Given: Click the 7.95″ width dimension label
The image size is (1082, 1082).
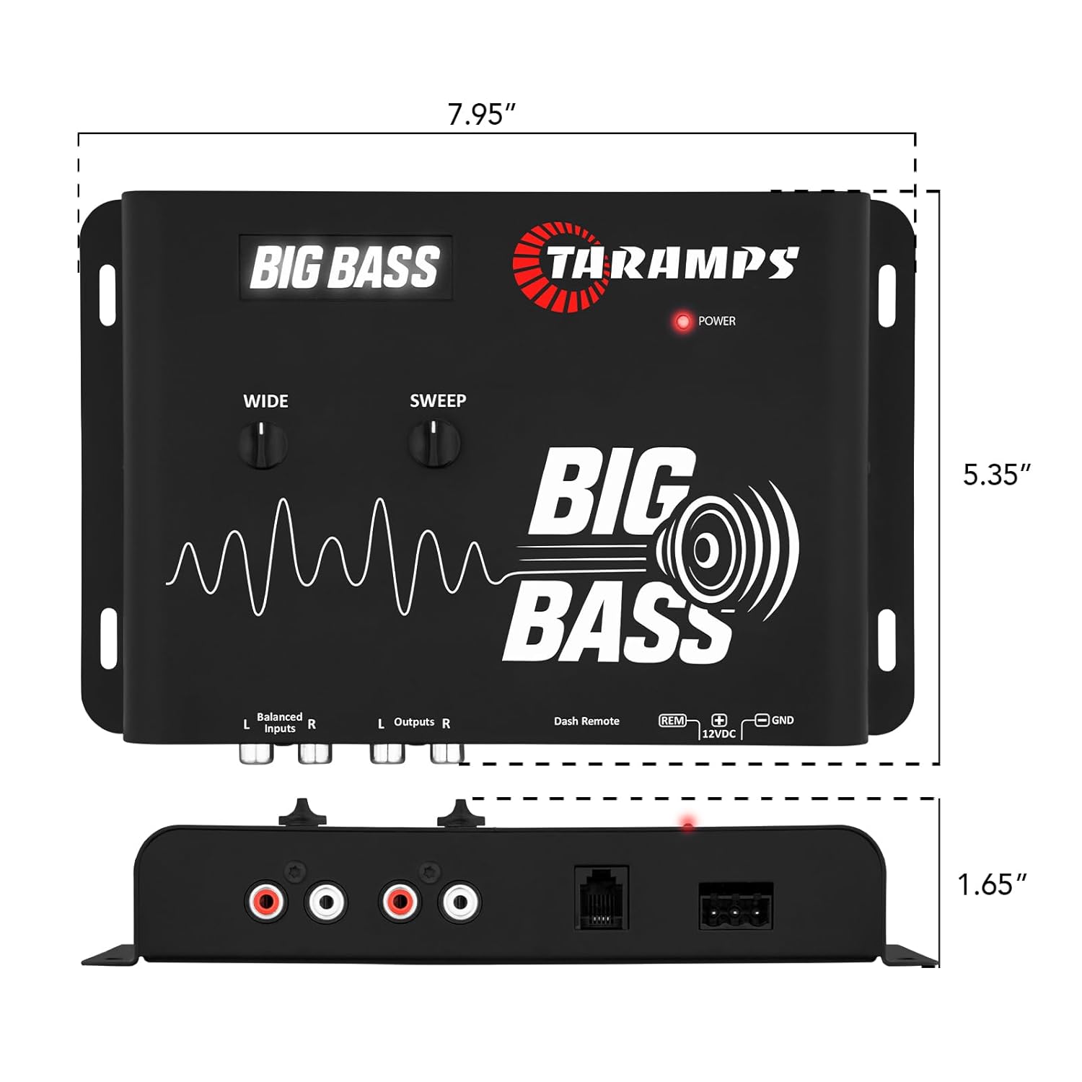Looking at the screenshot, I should pos(481,114).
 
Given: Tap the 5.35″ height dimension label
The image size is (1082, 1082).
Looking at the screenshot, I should pos(997,475).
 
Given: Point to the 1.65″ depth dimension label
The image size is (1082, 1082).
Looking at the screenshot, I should pos(992,884).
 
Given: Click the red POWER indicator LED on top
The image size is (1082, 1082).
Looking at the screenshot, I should pos(682,322).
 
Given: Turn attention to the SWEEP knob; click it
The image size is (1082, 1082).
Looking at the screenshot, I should pos(434,444).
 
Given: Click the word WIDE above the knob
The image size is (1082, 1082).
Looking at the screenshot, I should pos(265,401).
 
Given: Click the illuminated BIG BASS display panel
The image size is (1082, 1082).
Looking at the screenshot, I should pos(346,268).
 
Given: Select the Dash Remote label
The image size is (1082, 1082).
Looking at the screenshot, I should pos(586,721).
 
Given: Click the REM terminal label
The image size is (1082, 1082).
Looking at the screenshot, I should pos(672,721).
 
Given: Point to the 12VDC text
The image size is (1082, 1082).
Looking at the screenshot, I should pos(718,734).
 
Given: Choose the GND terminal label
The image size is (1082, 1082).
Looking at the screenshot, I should pos(783,720).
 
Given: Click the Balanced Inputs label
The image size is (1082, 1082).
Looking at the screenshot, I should pos(279,722).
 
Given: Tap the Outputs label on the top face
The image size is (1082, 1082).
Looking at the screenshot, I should pos(414,722).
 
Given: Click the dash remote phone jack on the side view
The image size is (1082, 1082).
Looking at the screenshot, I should pos(602,898).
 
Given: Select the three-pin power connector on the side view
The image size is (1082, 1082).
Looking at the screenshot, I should pos(736,906).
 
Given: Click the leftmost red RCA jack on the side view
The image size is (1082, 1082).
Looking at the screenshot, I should pos(265,901).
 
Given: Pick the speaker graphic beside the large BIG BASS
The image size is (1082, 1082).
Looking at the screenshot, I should pos(729,550).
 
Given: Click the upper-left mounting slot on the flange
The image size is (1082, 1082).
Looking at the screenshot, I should pos(107,295).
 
